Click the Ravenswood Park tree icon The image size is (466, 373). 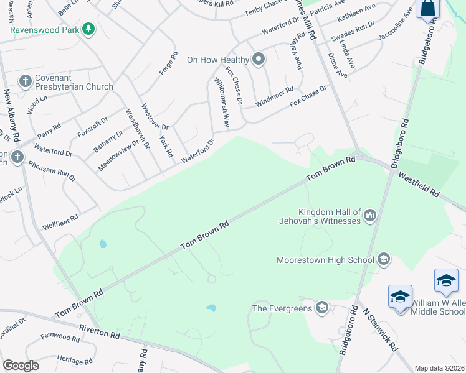tap(89, 29)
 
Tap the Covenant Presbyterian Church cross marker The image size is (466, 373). tap(25, 80)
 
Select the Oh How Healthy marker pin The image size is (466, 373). tap(259, 60)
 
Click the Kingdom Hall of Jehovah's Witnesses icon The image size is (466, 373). tap(370, 216)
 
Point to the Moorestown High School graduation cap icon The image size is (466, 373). tap(384, 259)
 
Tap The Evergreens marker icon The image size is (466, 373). tap(321, 307)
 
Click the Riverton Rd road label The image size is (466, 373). tap(100, 331)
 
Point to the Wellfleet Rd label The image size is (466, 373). tap(60, 222)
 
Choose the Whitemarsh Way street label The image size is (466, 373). tap(221, 103)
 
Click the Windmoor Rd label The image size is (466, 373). tap(274, 98)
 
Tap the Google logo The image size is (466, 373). tap(21, 366)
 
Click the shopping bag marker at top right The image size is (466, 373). tap(429, 9)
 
